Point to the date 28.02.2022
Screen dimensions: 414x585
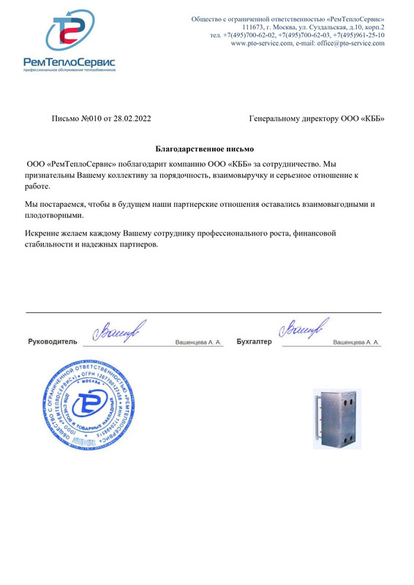pos(134,117)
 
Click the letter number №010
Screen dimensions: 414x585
pos(91,117)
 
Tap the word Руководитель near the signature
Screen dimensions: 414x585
pos(52,341)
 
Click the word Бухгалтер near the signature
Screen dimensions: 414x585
pos(254,341)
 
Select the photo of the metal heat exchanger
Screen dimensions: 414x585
pos(336,418)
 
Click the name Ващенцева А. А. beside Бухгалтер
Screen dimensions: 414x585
pos(356,341)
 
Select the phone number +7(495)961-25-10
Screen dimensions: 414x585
pos(358,35)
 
